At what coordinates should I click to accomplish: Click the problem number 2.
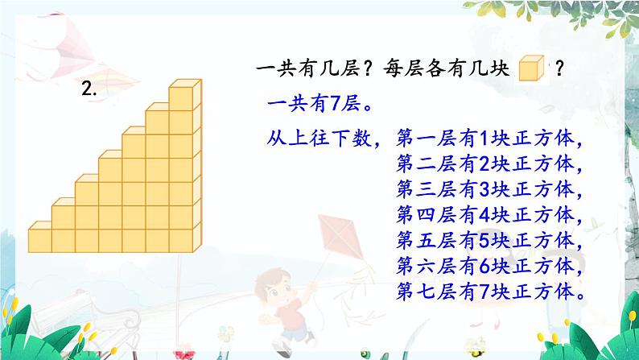click(x=89, y=88)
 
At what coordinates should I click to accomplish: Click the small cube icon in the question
click(x=531, y=68)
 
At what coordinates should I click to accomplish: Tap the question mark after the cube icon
click(x=559, y=68)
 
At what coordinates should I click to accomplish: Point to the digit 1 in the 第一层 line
click(x=484, y=139)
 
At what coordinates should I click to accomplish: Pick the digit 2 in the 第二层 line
click(x=484, y=164)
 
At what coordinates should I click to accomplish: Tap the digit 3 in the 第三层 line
click(x=484, y=189)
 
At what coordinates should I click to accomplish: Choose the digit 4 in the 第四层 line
click(x=484, y=215)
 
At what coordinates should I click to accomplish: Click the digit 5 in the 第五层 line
click(x=484, y=241)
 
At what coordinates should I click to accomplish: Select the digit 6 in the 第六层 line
click(x=484, y=266)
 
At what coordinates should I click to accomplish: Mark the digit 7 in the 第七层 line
click(x=484, y=292)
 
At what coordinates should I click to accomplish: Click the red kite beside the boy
click(x=340, y=238)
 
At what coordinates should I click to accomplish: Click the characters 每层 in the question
click(x=404, y=68)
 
